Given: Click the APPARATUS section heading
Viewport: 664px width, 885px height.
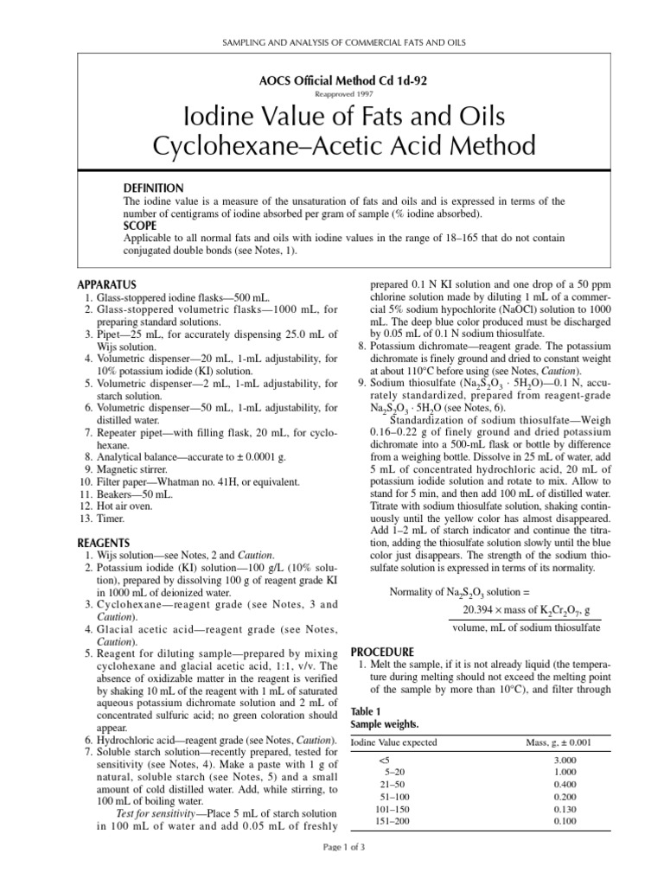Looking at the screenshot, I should coord(106,283).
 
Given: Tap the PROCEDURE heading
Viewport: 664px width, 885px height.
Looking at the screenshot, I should coord(383,651).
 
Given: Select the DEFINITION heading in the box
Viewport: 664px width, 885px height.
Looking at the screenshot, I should coord(154,188).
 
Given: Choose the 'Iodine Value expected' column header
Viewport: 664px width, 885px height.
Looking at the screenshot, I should coord(393,742).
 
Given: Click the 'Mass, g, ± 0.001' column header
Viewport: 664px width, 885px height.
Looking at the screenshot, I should coord(559,742).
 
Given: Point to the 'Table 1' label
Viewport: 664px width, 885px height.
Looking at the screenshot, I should coord(365,710).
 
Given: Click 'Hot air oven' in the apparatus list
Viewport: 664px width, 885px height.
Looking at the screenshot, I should coord(124,506).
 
